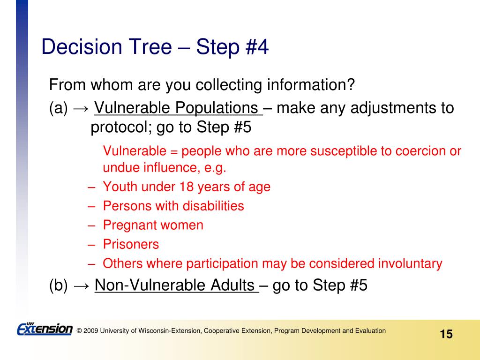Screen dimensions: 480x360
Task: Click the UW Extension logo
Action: [45, 329]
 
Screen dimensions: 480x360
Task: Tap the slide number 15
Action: [446, 334]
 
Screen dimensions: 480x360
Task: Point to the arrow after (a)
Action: [81, 108]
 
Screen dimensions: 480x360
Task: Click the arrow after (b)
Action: [82, 286]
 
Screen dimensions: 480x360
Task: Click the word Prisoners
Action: [131, 244]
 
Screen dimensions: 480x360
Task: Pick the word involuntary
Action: [410, 264]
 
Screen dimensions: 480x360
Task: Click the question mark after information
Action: [351, 84]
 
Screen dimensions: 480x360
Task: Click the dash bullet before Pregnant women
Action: [91, 225]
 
